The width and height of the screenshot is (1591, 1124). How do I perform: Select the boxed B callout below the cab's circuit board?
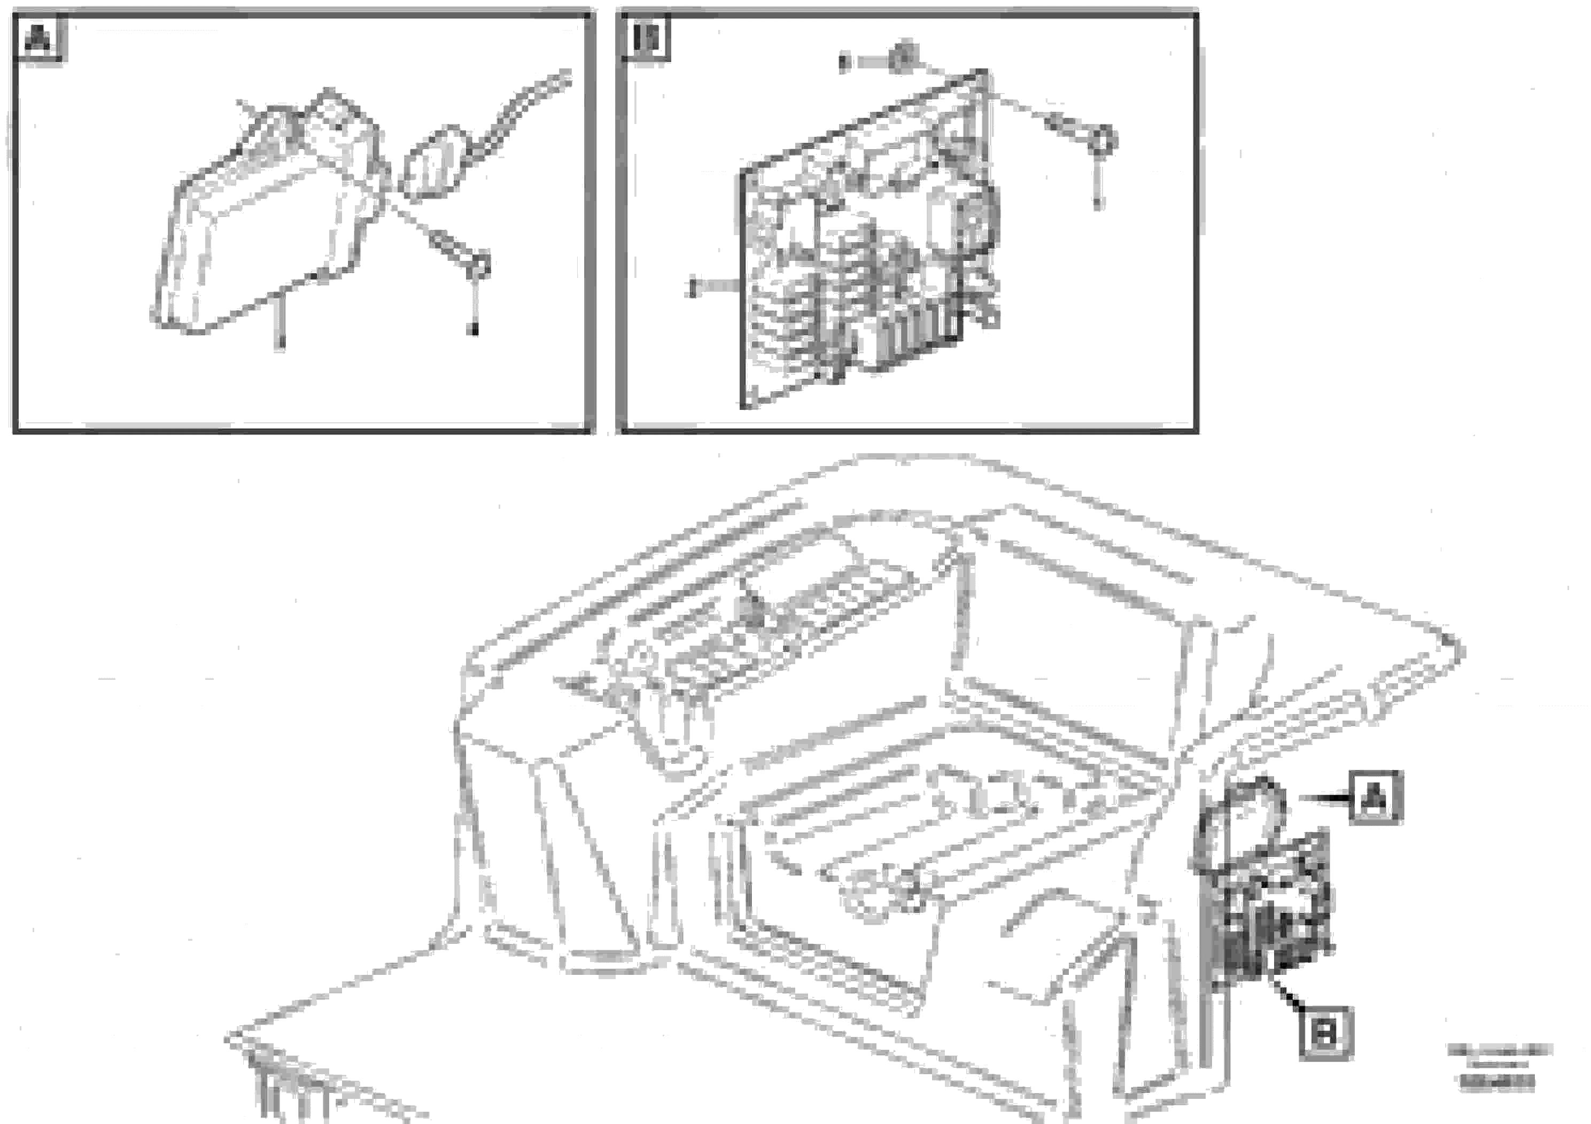click(x=1325, y=1035)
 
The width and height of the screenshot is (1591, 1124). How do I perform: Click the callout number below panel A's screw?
click(x=475, y=330)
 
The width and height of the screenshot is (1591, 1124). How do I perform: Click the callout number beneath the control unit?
click(x=280, y=342)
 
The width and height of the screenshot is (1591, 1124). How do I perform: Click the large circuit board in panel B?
click(x=866, y=243)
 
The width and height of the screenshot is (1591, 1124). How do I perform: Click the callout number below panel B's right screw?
click(x=1098, y=204)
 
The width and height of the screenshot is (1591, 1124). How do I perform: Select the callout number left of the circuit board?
click(x=691, y=286)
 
